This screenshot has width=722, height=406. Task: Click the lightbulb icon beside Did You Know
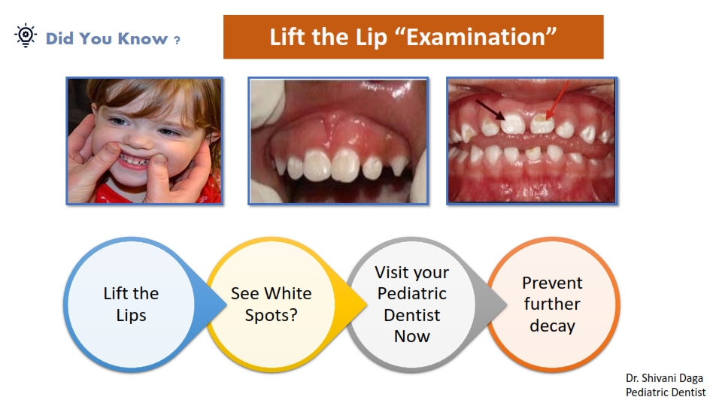pos(26,35)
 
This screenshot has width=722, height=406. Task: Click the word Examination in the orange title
pos(476,38)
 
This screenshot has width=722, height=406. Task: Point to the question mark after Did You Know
pos(177,40)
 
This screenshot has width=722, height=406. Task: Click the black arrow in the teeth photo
pos(490,110)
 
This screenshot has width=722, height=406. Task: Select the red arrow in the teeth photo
pos(557,101)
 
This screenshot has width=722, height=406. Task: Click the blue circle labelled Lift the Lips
pos(131,304)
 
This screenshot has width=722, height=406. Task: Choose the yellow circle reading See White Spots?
pos(272,304)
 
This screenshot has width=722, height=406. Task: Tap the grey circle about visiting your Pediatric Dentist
pos(411,304)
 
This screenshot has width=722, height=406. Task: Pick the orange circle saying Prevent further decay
pos(553,304)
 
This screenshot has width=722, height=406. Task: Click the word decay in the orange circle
pos(552,326)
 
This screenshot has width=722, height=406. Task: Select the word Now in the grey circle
pos(411,337)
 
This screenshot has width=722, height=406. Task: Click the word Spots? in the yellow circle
pos(271,315)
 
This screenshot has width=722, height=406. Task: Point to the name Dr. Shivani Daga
pos(664,378)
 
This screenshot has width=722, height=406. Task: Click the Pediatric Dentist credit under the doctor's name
pos(666,392)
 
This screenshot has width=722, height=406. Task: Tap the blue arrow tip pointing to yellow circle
pos(225,304)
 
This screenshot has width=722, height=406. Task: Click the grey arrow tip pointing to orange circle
pos(505,304)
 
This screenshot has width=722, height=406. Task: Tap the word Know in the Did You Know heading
pos(143,38)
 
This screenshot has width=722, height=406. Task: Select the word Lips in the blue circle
pos(131,316)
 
